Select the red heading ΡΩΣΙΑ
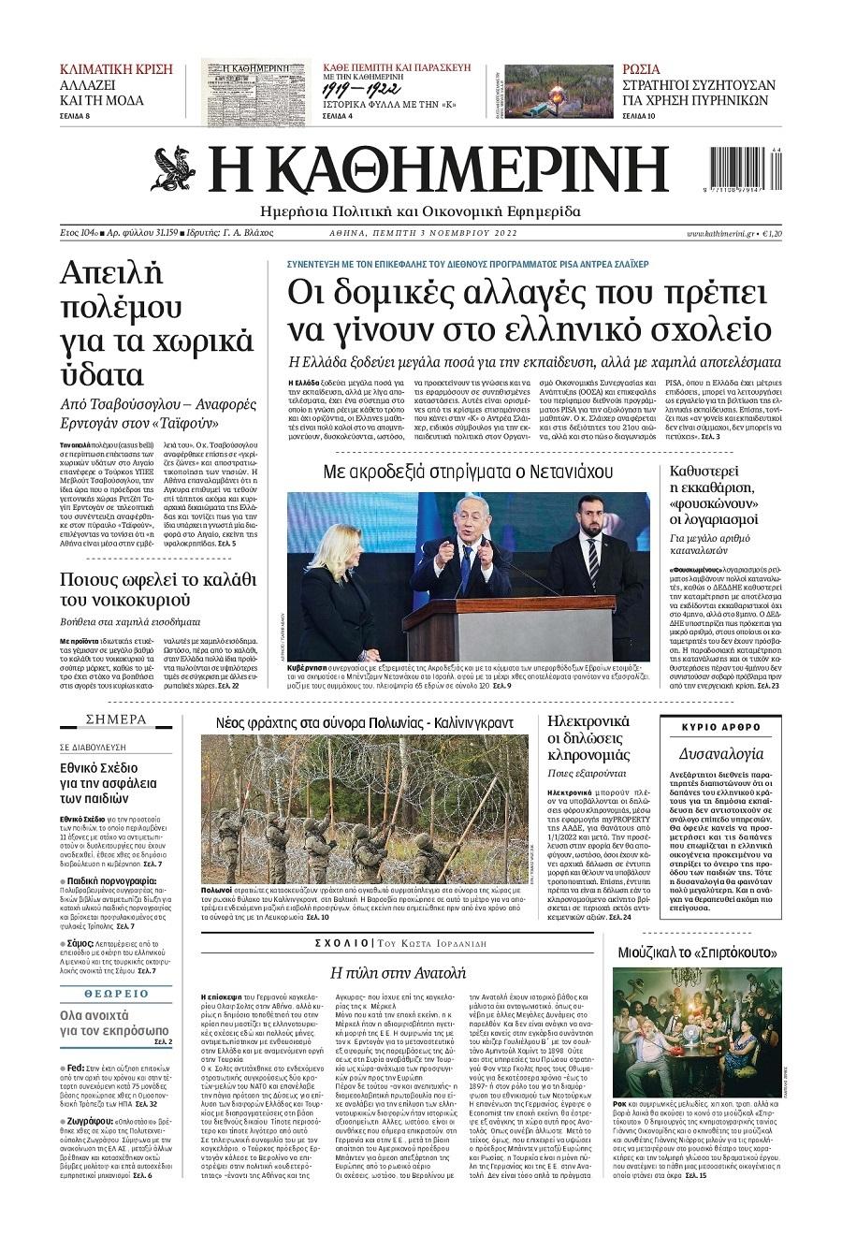(641, 69)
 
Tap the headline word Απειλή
(111, 274)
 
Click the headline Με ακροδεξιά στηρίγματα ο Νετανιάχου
(468, 470)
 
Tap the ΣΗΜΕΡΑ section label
(116, 719)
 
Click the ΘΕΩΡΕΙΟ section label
(116, 994)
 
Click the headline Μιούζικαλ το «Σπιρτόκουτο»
(698, 952)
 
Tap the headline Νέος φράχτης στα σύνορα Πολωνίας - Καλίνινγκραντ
(365, 722)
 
